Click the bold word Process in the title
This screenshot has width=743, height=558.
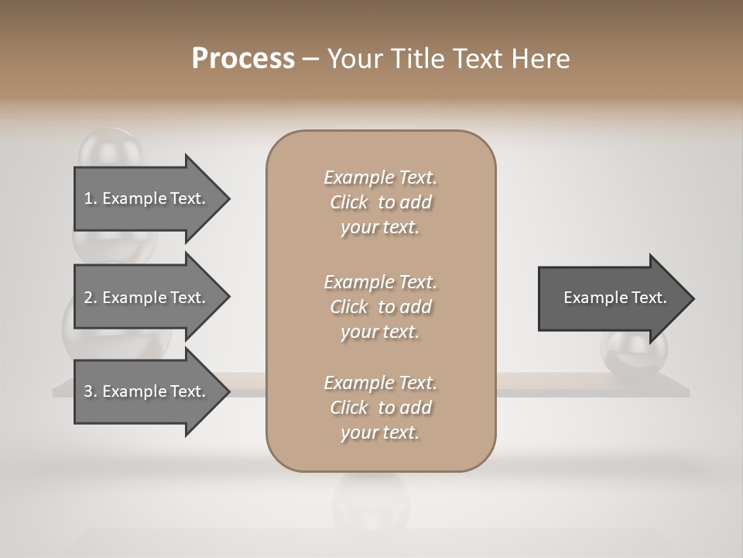(x=243, y=59)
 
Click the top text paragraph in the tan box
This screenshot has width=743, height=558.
(x=381, y=202)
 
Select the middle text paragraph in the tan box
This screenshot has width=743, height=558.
(x=381, y=306)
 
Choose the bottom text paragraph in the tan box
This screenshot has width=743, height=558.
(x=381, y=408)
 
